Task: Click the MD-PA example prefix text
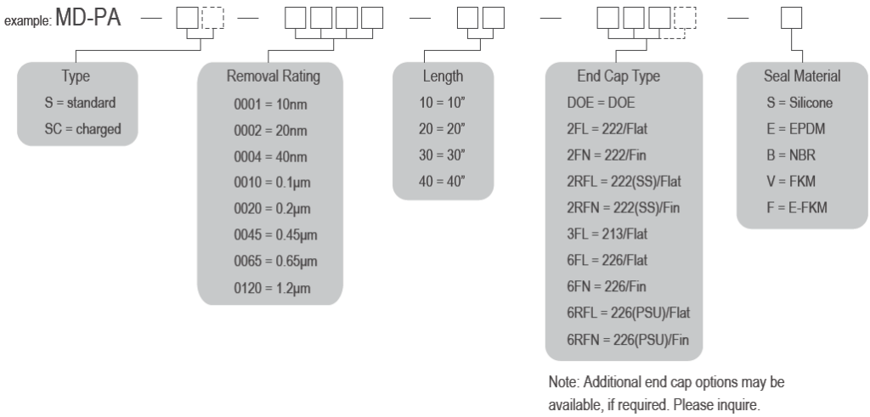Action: (88, 18)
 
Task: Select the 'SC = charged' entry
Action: (82, 129)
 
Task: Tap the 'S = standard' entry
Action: (81, 103)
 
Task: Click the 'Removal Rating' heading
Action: (274, 76)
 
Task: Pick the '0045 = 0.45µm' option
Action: (275, 235)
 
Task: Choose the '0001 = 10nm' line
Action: (270, 104)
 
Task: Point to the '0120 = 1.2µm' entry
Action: (272, 289)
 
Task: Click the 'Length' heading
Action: (443, 76)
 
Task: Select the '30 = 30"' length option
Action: (442, 155)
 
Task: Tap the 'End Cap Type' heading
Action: (619, 76)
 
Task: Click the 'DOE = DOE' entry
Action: (601, 103)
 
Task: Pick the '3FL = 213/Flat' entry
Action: (607, 234)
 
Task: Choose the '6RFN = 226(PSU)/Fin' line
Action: (628, 340)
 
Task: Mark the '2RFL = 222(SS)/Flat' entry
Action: (624, 182)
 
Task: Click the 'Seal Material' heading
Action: (802, 76)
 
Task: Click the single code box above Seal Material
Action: (791, 18)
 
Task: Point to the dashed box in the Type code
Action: (213, 18)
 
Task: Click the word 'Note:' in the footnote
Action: (564, 382)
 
